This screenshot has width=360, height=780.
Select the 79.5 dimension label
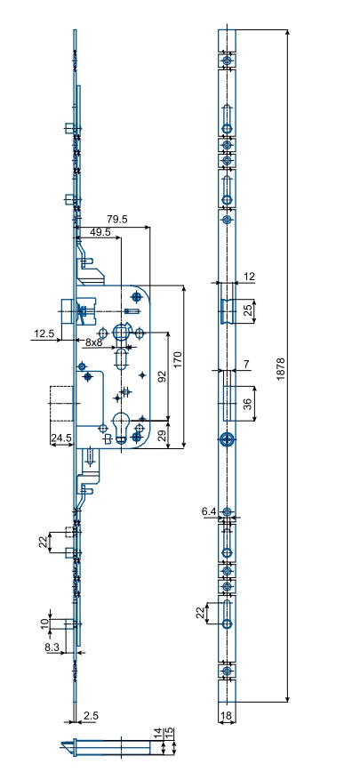117,220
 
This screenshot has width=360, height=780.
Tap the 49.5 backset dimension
100,232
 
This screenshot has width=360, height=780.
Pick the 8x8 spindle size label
93,342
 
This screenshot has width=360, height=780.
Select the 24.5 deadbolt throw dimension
61,438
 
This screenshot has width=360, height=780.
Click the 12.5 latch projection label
43,334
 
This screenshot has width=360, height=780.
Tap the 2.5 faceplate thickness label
91,715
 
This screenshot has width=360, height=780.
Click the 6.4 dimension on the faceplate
210,511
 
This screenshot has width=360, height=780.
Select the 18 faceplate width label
227,715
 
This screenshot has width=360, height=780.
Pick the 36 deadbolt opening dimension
247,405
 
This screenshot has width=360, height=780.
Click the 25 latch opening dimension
247,311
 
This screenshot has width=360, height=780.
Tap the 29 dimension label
161,436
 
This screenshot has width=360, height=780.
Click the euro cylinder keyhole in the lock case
121,426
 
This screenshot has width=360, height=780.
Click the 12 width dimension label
250,277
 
